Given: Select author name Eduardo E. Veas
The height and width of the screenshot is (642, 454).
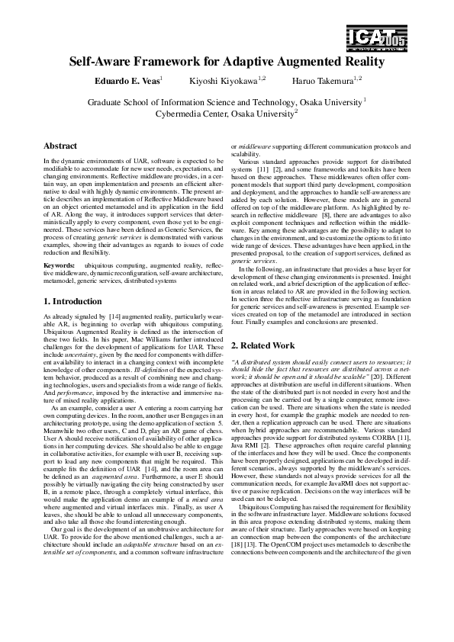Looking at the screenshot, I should [127, 81].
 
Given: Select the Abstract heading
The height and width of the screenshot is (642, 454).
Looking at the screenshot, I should [60, 146].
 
